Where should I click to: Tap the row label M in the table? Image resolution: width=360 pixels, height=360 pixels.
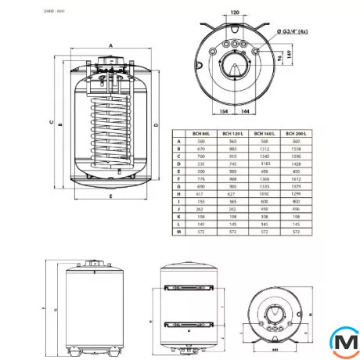coord(179,232)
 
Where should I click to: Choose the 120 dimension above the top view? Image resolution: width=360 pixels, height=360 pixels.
coord(236,14)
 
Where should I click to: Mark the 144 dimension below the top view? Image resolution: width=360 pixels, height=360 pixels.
coord(247,111)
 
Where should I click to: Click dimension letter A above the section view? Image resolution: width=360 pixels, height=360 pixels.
coord(111,46)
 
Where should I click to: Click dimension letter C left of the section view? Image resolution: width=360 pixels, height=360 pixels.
coord(50,121)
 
